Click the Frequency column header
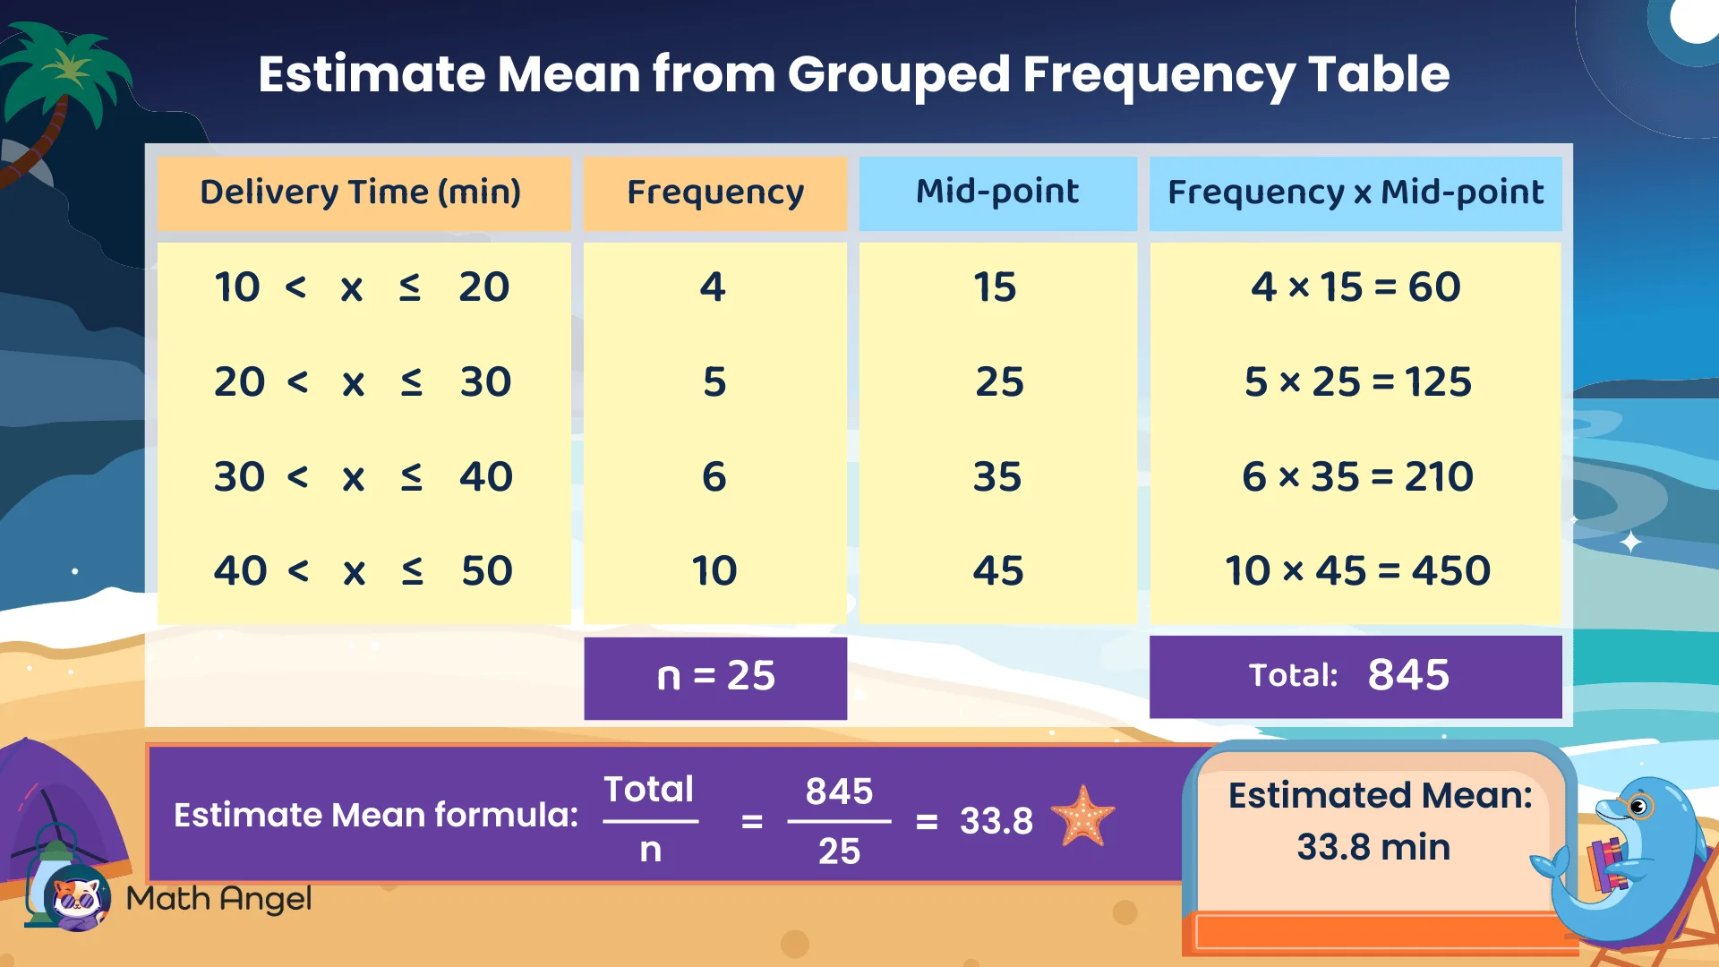(714, 193)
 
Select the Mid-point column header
(997, 192)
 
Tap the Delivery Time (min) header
(360, 193)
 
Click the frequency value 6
(714, 476)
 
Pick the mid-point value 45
(997, 571)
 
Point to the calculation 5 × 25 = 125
(1356, 382)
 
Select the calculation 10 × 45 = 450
(1356, 571)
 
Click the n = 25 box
(714, 677)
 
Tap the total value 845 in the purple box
(1407, 675)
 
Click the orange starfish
(1083, 817)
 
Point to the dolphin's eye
(1639, 807)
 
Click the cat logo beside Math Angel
(77, 899)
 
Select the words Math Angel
(218, 898)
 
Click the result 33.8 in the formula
(996, 820)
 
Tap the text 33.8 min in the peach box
(1373, 847)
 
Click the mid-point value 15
(995, 287)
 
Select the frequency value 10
(714, 571)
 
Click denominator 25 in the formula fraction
(839, 851)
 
